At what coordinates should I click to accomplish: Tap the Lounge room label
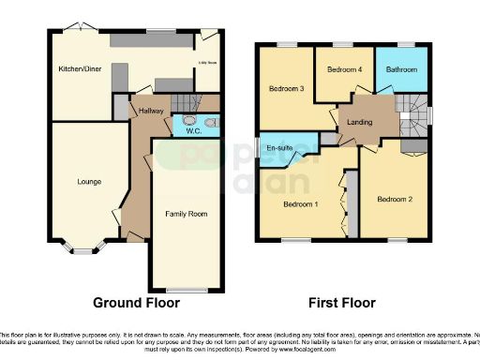coord(89,181)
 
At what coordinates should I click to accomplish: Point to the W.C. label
coord(194,131)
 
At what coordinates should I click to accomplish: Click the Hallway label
coord(152,111)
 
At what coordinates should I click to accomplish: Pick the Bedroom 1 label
coord(301,203)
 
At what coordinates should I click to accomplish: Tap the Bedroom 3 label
coord(287,89)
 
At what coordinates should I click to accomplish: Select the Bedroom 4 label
coord(344,70)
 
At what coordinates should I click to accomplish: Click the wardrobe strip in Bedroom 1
coord(352,202)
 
